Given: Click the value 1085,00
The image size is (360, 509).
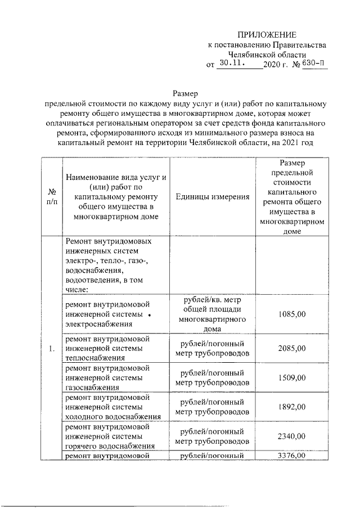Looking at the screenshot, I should [292, 314].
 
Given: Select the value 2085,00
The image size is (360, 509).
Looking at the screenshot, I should [292, 348].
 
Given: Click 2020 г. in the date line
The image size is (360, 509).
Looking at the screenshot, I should [276, 65].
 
